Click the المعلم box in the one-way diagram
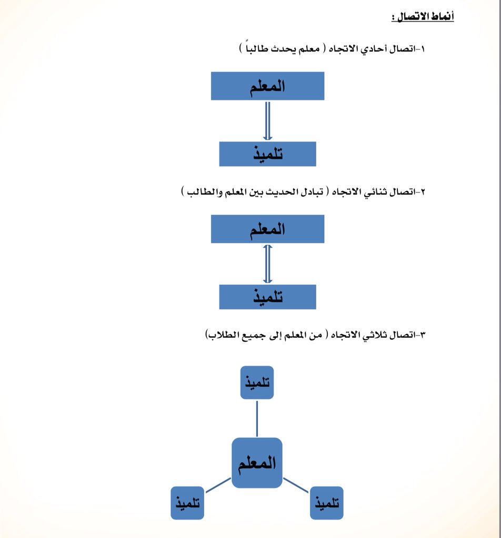point(267,86)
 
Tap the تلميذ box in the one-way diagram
point(267,154)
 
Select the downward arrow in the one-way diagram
point(267,121)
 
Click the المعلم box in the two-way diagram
point(267,229)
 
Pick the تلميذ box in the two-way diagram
point(267,297)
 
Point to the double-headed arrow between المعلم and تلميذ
point(267,264)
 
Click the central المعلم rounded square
point(257,463)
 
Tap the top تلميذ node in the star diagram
point(257,382)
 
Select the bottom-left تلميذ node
point(187,503)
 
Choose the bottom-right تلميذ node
point(326,503)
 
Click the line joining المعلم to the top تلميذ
point(257,418)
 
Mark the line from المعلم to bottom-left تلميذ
point(218,485)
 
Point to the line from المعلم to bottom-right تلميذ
point(296,485)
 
